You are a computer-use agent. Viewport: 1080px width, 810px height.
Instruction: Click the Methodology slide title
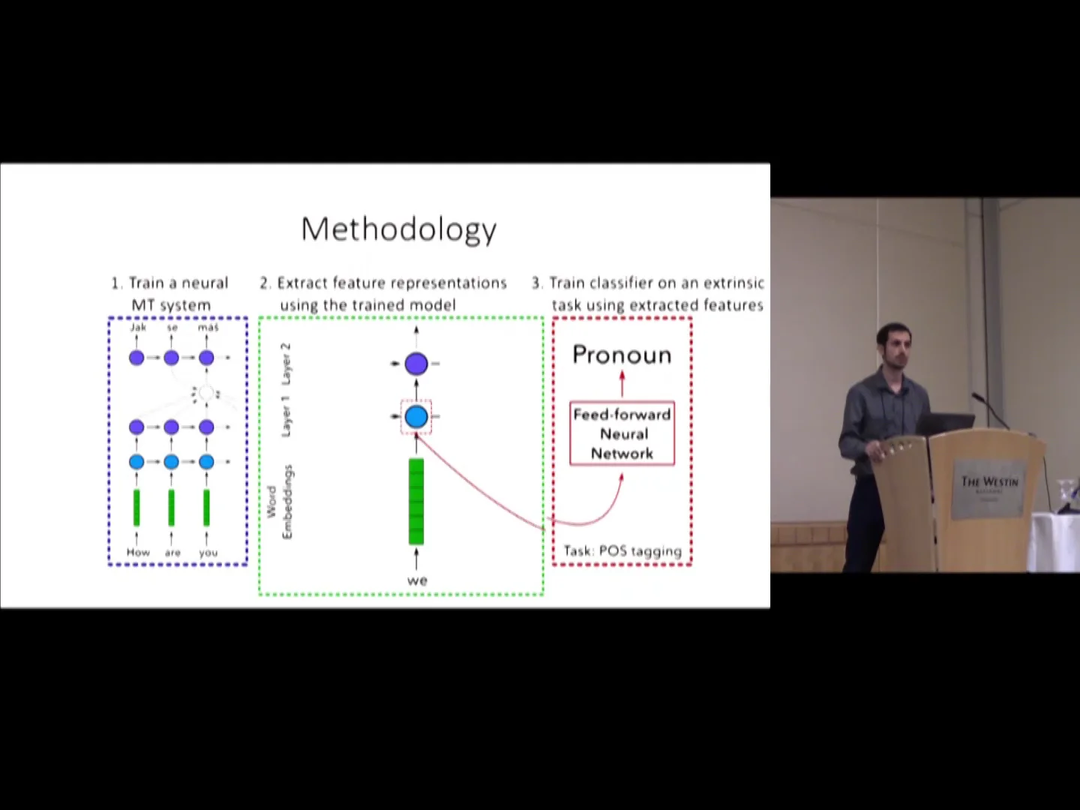tap(398, 229)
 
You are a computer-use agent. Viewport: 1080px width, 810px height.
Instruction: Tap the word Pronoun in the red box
tap(622, 355)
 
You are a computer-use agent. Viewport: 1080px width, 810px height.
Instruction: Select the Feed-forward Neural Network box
tap(622, 433)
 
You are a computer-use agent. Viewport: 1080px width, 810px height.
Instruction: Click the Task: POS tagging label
tap(622, 551)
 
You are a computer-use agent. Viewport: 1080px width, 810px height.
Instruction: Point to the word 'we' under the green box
tap(417, 580)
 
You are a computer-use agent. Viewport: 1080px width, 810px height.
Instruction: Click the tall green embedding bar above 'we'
tap(416, 501)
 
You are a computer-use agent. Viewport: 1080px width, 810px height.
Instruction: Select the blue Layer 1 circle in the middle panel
tap(416, 417)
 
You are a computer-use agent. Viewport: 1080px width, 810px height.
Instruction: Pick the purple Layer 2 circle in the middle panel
tap(416, 364)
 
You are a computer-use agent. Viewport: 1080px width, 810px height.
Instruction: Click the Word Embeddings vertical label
tap(280, 502)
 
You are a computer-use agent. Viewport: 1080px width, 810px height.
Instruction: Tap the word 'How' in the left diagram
tap(138, 553)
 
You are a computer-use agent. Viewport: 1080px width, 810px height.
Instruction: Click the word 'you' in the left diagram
tap(208, 553)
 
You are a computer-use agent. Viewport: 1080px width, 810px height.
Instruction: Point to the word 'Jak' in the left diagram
tap(138, 328)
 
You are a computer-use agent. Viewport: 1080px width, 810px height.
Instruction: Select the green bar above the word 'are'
tap(172, 508)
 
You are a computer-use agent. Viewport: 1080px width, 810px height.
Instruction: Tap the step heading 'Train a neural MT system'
tap(171, 293)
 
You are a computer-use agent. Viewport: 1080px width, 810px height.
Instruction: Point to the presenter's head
tap(892, 346)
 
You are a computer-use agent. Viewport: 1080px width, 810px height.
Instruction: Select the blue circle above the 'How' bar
tap(136, 461)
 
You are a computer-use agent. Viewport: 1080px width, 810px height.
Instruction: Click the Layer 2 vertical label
tap(286, 363)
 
